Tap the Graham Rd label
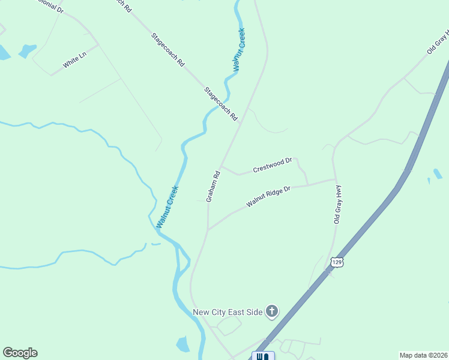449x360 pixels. click(214, 186)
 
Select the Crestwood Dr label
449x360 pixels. click(272, 165)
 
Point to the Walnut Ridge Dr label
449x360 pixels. click(268, 197)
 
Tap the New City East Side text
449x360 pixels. click(228, 312)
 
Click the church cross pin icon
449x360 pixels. click(272, 311)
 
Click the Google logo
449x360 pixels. click(20, 353)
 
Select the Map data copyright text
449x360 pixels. click(423, 355)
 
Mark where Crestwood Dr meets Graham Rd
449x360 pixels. click(221, 166)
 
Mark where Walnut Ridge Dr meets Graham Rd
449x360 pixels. click(208, 230)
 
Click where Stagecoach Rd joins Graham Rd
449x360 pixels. click(241, 125)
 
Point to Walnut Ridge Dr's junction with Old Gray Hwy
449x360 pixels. click(334, 179)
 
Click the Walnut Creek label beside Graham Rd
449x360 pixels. click(167, 206)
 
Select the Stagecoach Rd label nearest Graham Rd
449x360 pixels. click(221, 105)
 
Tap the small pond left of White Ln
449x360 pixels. click(27, 51)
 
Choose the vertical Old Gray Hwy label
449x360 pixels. click(337, 205)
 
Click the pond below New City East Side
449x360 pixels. click(183, 344)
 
